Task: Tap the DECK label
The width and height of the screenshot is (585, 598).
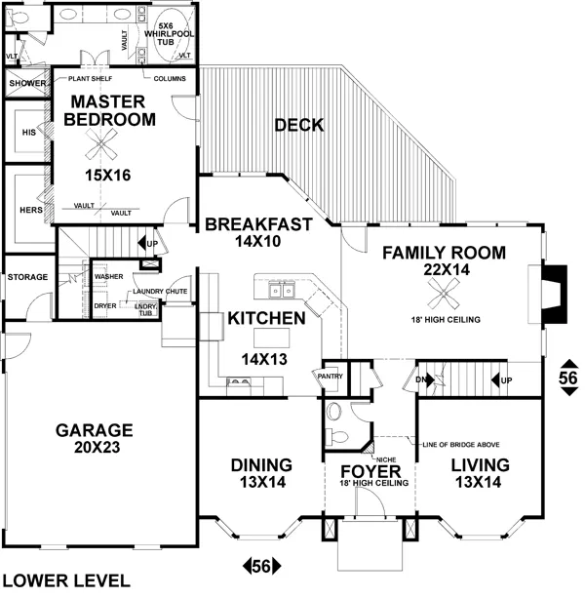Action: pyautogui.click(x=298, y=125)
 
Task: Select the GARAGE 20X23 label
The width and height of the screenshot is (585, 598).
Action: pyautogui.click(x=94, y=438)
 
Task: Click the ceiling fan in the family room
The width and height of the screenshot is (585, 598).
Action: pyautogui.click(x=445, y=289)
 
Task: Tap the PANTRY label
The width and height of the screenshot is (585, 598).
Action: pyautogui.click(x=327, y=374)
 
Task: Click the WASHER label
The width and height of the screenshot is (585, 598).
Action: pyautogui.click(x=108, y=276)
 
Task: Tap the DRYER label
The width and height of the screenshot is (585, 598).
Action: pyautogui.click(x=105, y=305)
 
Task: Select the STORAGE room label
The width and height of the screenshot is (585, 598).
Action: pyautogui.click(x=27, y=277)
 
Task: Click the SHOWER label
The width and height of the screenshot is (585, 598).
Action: pyautogui.click(x=27, y=84)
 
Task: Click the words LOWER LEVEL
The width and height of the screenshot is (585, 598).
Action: pyautogui.click(x=65, y=580)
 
